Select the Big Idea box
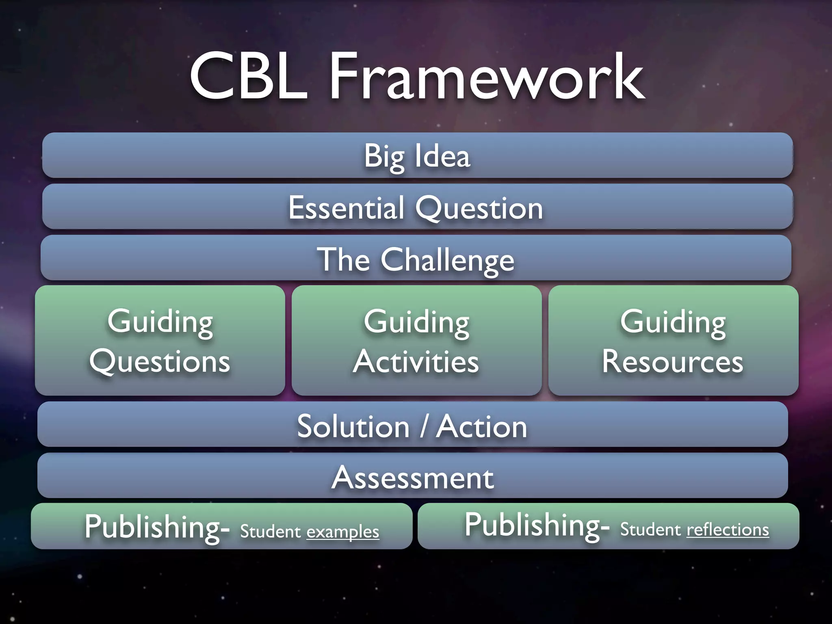tap(417, 156)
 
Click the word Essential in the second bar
tap(346, 207)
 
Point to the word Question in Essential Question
tap(479, 208)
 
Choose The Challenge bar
tap(416, 259)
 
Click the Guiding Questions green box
tap(160, 340)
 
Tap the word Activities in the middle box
tap(416, 361)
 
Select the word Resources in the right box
tap(673, 361)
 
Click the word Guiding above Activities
tap(416, 322)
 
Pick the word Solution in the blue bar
tap(353, 426)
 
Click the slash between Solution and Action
tap(424, 426)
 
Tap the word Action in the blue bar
tap(481, 426)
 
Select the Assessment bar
tap(413, 477)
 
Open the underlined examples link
tap(342, 531)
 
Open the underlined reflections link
tap(728, 529)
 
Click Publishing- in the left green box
tap(157, 527)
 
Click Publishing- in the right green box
tap(537, 525)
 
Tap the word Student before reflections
tap(650, 529)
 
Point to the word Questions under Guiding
tap(160, 361)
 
